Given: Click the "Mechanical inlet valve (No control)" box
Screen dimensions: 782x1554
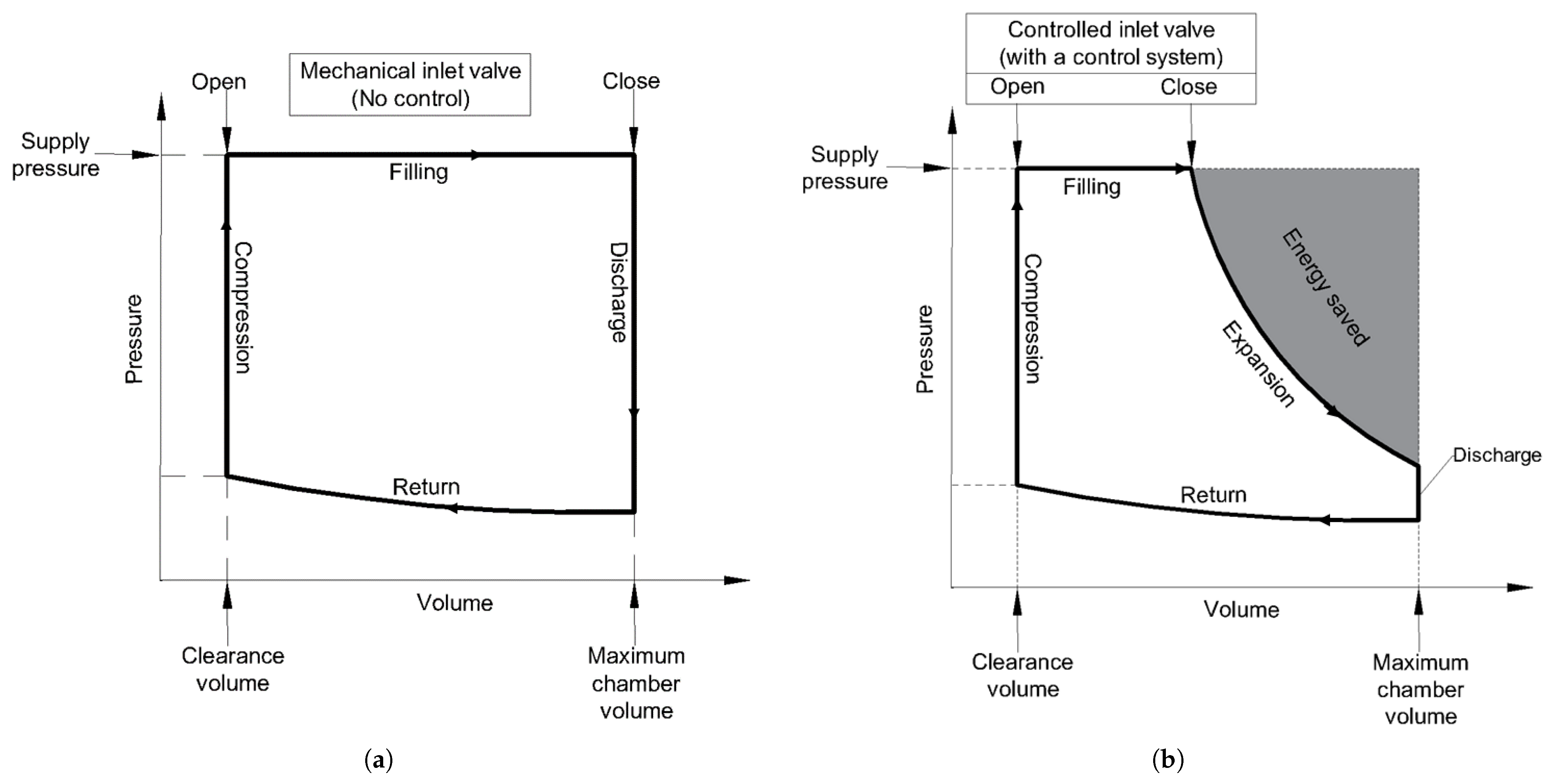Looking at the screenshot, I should (x=410, y=84).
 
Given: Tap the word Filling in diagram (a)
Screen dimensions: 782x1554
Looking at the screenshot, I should (x=418, y=173).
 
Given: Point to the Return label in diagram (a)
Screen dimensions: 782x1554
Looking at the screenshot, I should (x=426, y=487).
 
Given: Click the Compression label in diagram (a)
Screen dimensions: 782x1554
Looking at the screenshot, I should (x=242, y=308).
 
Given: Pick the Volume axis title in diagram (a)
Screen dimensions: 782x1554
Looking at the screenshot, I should (x=455, y=603).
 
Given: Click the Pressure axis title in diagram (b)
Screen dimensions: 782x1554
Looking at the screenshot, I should (x=924, y=350).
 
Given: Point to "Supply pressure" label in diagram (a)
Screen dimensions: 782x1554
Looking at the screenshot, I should (x=55, y=155).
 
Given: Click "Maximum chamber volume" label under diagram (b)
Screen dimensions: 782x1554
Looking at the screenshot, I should (x=1420, y=689).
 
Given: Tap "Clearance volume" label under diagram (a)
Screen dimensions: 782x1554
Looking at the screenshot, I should (x=233, y=669).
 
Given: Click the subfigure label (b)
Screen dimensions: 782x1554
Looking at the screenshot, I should (x=1168, y=759).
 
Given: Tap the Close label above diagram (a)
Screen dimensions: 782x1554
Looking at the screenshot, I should (x=631, y=81).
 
